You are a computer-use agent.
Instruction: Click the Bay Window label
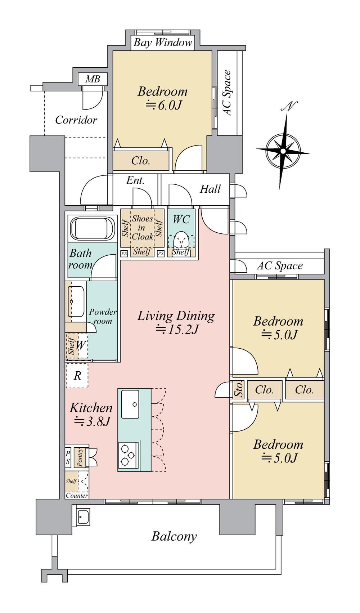(x=163, y=43)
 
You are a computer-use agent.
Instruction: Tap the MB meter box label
(x=93, y=79)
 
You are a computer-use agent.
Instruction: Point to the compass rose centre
(x=283, y=151)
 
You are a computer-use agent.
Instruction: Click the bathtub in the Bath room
(x=93, y=228)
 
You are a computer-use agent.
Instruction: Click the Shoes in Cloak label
(x=142, y=227)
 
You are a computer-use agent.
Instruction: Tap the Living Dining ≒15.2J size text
(x=176, y=330)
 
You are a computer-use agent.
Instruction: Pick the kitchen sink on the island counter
(x=130, y=404)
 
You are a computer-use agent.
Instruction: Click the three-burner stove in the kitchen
(x=127, y=455)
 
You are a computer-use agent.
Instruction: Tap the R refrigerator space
(x=77, y=375)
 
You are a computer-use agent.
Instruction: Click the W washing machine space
(x=80, y=345)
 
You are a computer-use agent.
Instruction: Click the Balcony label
(x=174, y=536)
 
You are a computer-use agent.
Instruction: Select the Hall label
(x=210, y=189)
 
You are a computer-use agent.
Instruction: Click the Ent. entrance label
(x=135, y=180)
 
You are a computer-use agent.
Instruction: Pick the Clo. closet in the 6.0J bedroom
(x=141, y=161)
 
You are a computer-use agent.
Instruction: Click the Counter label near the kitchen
(x=77, y=495)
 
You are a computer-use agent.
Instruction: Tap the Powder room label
(x=103, y=316)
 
